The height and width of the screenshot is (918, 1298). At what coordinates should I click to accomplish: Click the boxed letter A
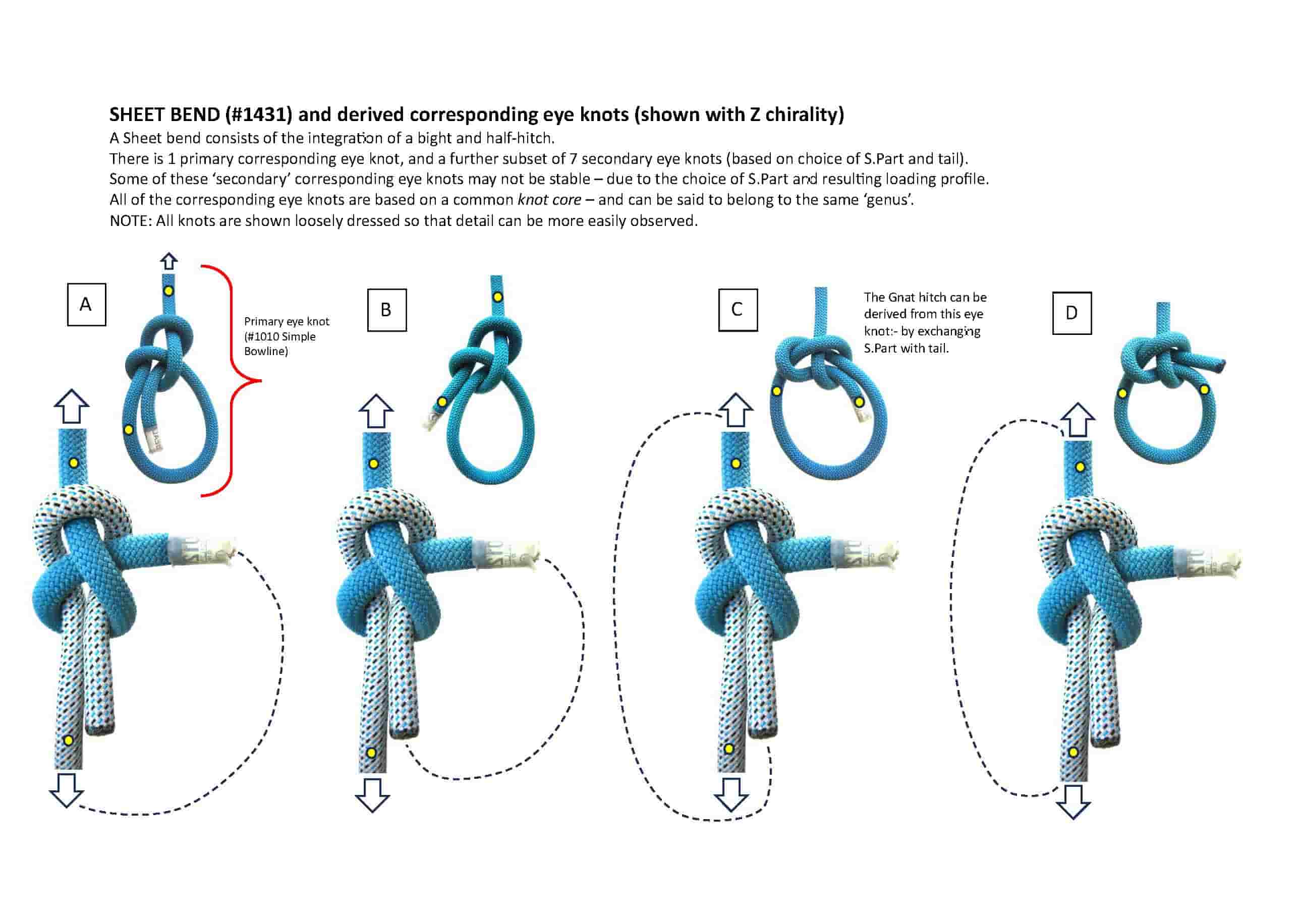click(86, 305)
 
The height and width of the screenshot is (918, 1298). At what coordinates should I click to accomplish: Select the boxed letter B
click(387, 310)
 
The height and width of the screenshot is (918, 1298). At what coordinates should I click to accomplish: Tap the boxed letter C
click(738, 310)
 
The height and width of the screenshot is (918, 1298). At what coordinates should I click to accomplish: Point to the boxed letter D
click(1072, 313)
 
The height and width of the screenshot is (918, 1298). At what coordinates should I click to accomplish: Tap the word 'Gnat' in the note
click(905, 297)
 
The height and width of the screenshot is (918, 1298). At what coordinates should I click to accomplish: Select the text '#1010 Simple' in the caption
click(280, 336)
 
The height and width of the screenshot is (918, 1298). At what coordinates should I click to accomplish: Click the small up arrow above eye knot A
click(169, 261)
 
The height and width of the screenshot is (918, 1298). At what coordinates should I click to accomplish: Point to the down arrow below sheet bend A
click(67, 790)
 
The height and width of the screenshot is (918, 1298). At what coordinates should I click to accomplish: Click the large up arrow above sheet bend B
click(376, 411)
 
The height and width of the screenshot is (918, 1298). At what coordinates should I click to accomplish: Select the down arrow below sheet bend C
click(731, 795)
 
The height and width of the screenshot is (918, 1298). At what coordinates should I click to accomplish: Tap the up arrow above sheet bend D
click(1078, 420)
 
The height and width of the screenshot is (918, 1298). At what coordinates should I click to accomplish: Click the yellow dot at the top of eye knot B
click(497, 297)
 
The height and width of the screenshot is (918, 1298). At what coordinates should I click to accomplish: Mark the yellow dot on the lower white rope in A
click(69, 740)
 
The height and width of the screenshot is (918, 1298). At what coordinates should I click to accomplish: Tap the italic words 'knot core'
click(549, 200)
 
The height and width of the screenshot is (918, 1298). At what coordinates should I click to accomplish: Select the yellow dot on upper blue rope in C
click(736, 464)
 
